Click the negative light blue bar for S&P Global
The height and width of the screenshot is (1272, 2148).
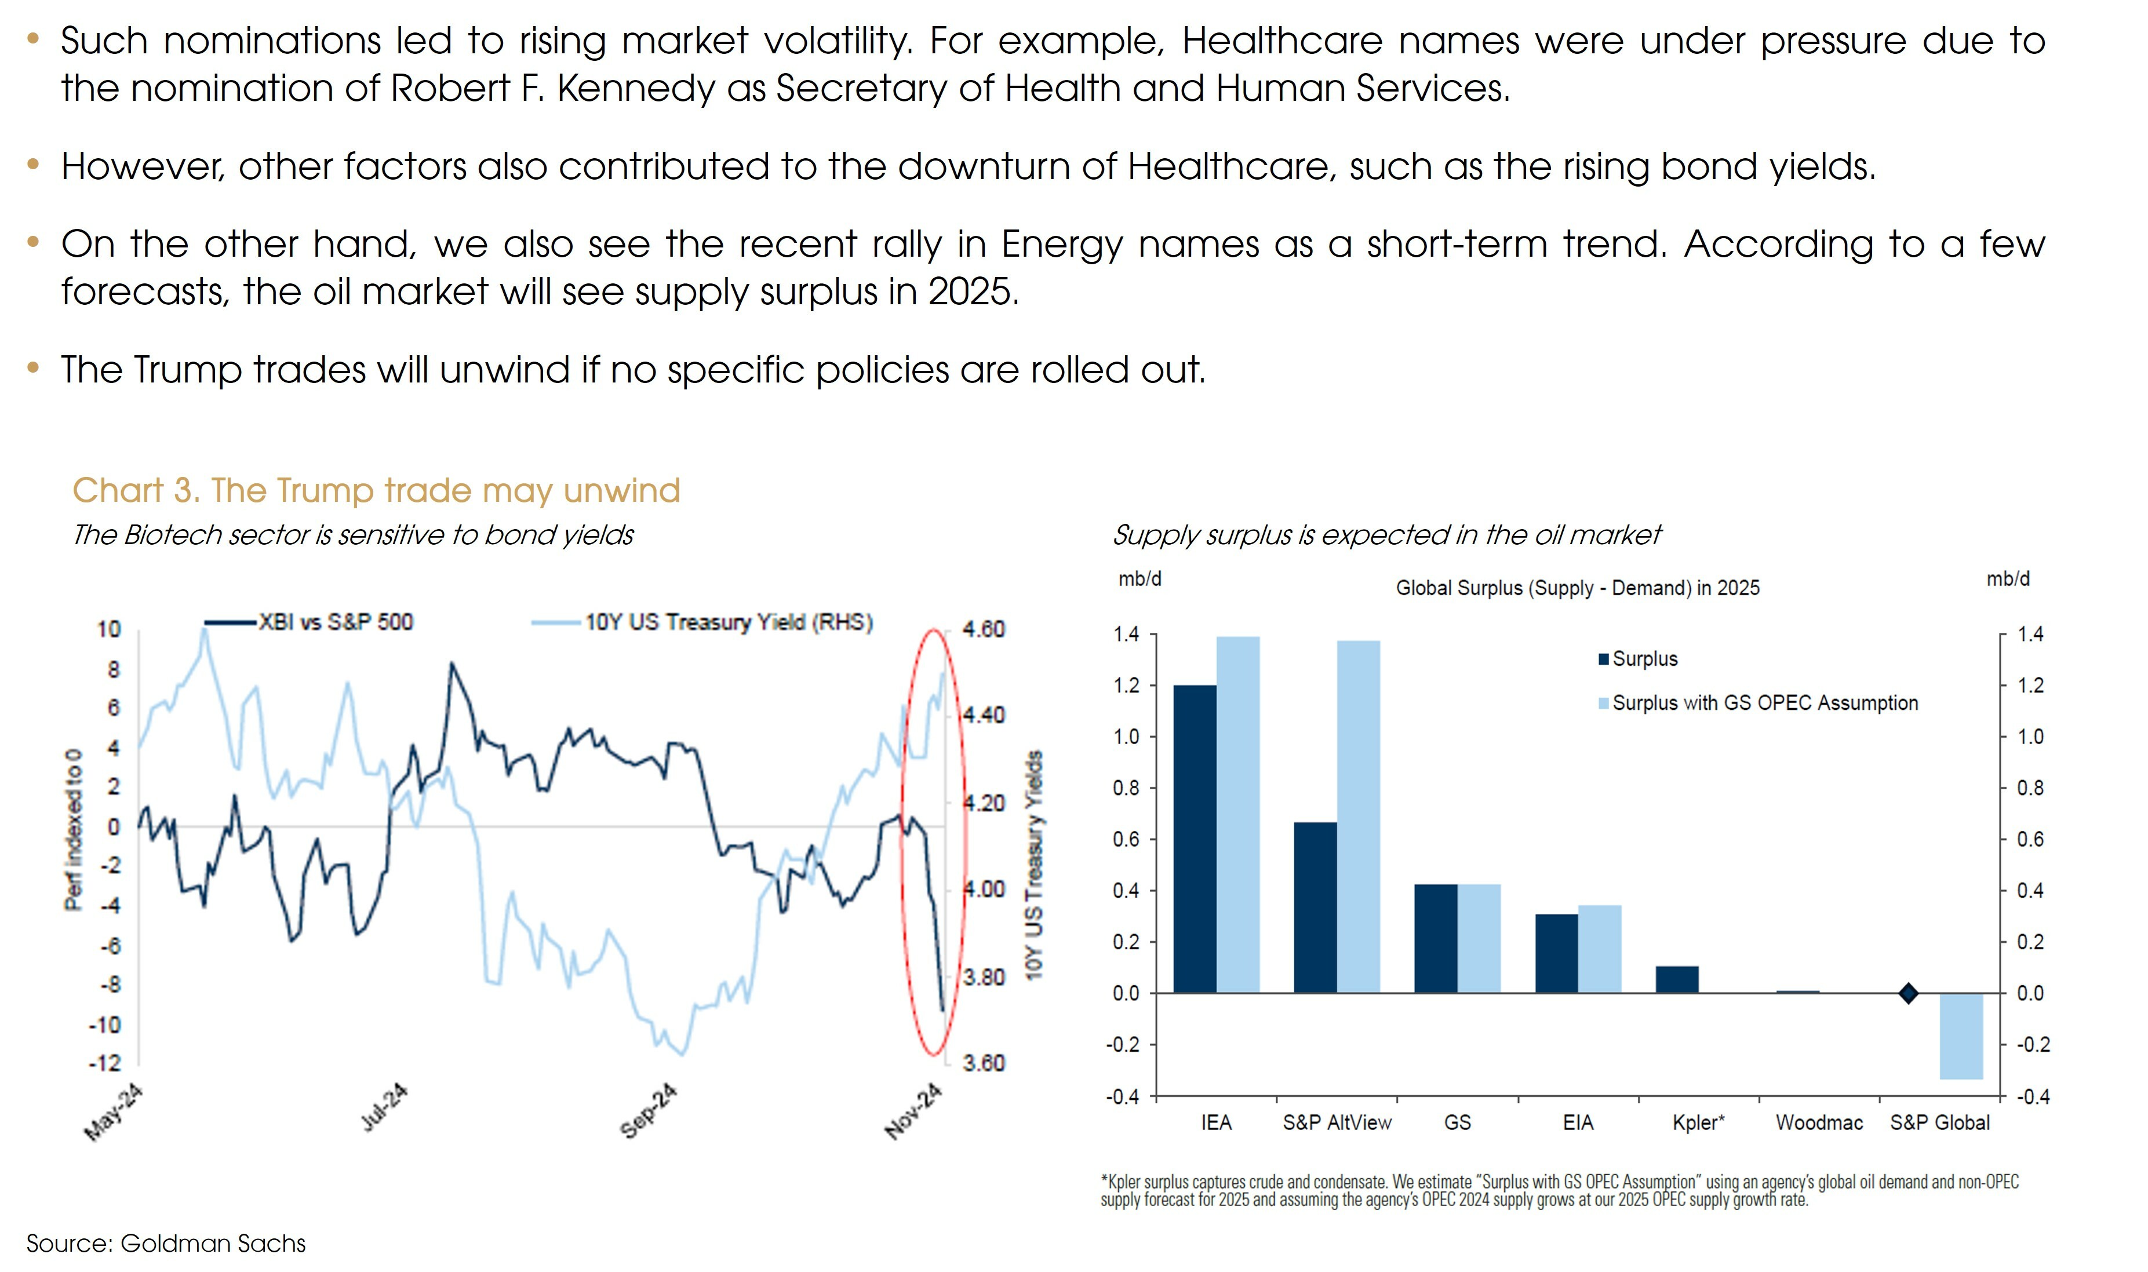coord(1961,1036)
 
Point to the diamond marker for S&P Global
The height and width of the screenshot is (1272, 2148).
coord(1908,993)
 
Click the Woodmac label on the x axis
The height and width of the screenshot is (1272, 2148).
coord(1819,1123)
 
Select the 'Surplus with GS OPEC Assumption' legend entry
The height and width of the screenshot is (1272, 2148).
coord(1764,703)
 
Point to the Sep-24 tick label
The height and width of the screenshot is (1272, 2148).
coord(649,1111)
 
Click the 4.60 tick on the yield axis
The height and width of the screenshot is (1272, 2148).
coord(983,629)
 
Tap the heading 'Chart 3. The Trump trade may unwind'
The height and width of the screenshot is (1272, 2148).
coord(376,490)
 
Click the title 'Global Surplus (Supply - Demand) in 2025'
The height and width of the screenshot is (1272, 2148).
coord(1577,588)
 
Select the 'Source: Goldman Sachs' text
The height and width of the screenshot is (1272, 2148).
coord(166,1243)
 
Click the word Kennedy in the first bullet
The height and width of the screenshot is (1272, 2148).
coord(635,88)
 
